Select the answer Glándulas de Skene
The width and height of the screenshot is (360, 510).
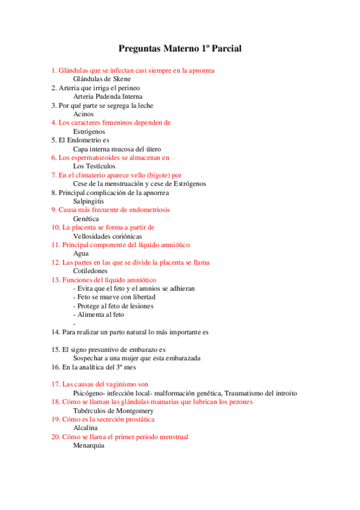[x=102, y=79]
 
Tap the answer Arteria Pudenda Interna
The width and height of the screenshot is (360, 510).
[x=108, y=96]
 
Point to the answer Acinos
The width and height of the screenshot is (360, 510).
[x=84, y=114]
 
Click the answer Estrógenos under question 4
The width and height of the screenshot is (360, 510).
[x=89, y=131]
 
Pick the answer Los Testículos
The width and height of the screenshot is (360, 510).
[x=94, y=166]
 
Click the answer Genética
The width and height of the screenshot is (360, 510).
[x=86, y=218]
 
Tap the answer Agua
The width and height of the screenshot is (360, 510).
[x=81, y=254]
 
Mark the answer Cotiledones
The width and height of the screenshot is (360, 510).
[x=90, y=271]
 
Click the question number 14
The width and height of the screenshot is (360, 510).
[x=55, y=332]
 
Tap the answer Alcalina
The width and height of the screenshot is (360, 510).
[x=85, y=428]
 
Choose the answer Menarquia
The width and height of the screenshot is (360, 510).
[x=88, y=446]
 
